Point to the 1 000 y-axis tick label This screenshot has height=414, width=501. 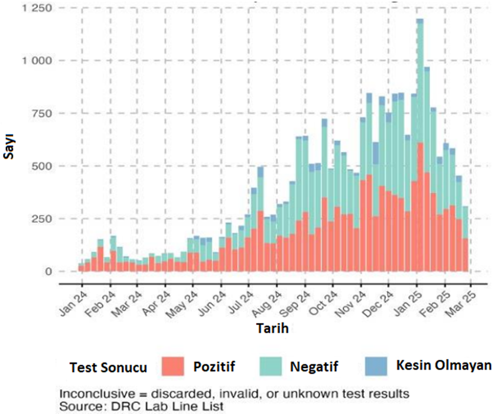37,61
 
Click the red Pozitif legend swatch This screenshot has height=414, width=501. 171,366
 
